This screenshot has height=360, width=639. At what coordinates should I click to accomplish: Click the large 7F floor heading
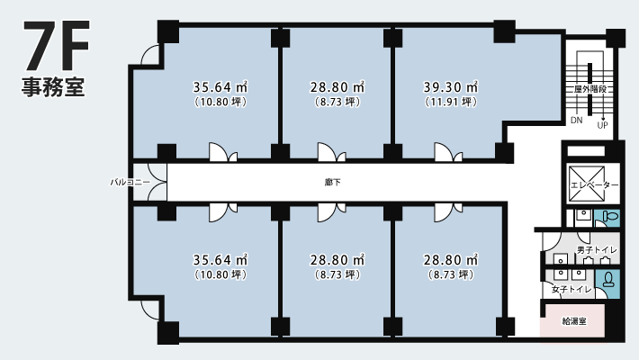[x=56, y=46]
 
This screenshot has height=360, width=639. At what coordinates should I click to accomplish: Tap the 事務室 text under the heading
[x=53, y=86]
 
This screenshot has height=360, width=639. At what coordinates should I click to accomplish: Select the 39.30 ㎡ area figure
[x=450, y=86]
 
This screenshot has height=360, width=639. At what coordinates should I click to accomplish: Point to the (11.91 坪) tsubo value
[x=451, y=102]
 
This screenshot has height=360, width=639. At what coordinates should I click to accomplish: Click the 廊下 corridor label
[x=333, y=182]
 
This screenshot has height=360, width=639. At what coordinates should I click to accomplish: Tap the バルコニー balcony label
[x=130, y=182]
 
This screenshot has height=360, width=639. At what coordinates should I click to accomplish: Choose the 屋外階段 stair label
[x=590, y=89]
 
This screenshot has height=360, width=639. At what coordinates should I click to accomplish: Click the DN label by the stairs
[x=577, y=121]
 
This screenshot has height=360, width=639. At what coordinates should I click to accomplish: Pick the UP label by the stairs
[x=602, y=125]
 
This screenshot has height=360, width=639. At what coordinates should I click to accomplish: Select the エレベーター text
[x=594, y=185]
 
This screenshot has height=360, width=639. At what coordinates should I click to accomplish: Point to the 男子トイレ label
[x=597, y=250]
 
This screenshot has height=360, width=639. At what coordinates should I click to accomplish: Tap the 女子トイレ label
[x=571, y=290]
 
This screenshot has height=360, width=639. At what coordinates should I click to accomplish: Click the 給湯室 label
[x=574, y=321]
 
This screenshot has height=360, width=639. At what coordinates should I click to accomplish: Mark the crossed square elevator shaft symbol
[x=587, y=184]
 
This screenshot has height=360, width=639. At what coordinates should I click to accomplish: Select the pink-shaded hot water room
[x=572, y=320]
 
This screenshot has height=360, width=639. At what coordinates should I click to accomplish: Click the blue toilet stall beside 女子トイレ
[x=607, y=282]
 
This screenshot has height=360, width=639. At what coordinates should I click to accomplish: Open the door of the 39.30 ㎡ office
[x=448, y=152]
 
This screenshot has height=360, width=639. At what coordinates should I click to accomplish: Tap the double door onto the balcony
[x=157, y=182]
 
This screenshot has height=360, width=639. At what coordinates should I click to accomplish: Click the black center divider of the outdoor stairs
[x=589, y=89]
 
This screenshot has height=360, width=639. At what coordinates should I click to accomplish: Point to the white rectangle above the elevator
[x=586, y=151]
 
